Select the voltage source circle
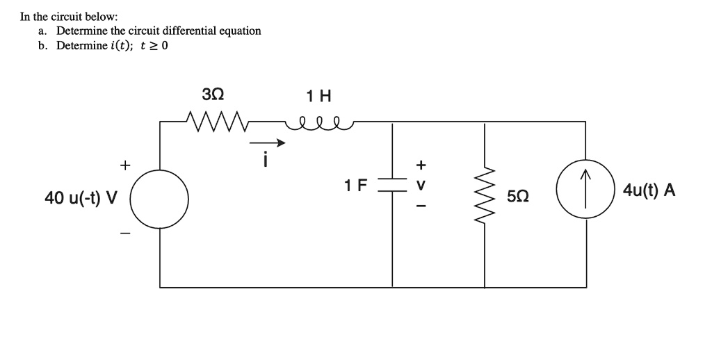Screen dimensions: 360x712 click(161, 197)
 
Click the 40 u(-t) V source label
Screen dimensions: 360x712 click(81, 199)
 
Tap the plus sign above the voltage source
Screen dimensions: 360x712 click(124, 165)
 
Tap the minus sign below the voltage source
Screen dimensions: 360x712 click(124, 234)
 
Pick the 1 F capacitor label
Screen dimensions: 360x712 click(355, 186)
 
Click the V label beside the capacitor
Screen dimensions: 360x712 click(420, 186)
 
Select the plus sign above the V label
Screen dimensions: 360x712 click(420, 165)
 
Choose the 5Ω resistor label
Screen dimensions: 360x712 click(518, 197)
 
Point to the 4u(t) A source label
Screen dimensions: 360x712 click(649, 190)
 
